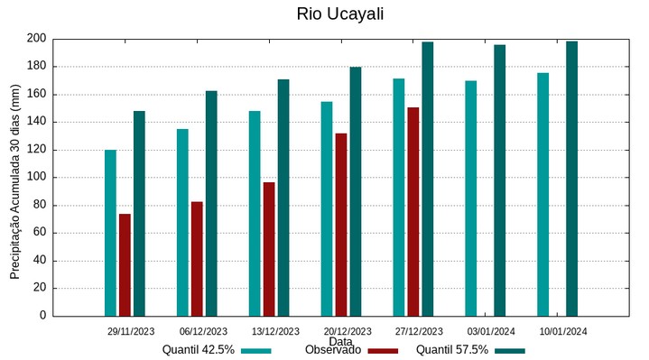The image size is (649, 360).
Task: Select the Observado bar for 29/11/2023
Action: tap(125, 264)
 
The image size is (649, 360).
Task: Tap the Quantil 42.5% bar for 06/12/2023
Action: tap(182, 222)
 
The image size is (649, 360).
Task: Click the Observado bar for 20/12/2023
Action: tap(341, 225)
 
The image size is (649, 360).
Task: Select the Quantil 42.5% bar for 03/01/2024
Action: tap(471, 198)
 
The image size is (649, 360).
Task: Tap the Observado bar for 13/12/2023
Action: tap(269, 249)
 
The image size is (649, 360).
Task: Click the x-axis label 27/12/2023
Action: tap(419, 331)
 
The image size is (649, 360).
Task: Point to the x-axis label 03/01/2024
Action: tap(491, 331)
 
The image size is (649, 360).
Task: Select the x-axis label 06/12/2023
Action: tap(203, 331)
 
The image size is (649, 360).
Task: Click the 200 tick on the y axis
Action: tap(36, 39)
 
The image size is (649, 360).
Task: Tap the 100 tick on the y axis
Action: tap(36, 178)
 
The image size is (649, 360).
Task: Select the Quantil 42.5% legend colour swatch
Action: tap(256, 350)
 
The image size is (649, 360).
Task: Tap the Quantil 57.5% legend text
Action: tap(452, 350)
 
